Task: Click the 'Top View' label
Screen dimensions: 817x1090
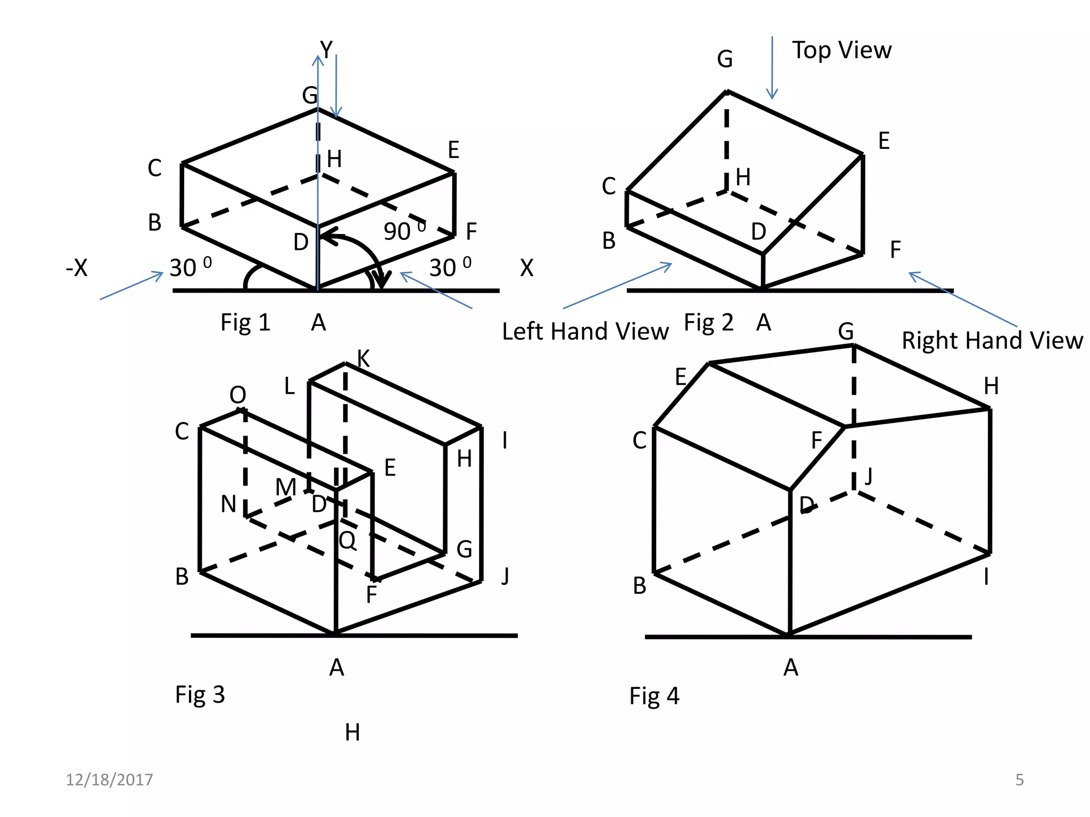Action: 841,51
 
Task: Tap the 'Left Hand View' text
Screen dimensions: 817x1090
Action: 585,331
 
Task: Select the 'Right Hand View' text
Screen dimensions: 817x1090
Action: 992,340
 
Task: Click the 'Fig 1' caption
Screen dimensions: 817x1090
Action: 245,323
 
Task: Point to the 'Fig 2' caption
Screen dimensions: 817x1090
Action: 708,323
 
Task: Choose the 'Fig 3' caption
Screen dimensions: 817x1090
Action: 200,695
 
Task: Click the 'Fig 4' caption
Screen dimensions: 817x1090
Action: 654,696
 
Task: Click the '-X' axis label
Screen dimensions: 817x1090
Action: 77,268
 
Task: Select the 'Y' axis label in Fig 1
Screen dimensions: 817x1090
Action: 326,49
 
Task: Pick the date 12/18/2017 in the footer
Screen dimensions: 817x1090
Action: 109,780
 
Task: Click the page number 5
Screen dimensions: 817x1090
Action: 1019,780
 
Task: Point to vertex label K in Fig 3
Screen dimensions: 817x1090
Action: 364,359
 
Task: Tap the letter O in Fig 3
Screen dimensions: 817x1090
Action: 238,395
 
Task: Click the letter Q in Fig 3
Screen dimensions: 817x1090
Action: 348,541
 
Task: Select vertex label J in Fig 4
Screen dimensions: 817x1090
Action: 869,476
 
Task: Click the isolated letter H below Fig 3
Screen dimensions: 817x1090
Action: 352,733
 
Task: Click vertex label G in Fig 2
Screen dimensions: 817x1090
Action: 725,59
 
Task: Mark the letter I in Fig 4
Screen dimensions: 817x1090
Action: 986,577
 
